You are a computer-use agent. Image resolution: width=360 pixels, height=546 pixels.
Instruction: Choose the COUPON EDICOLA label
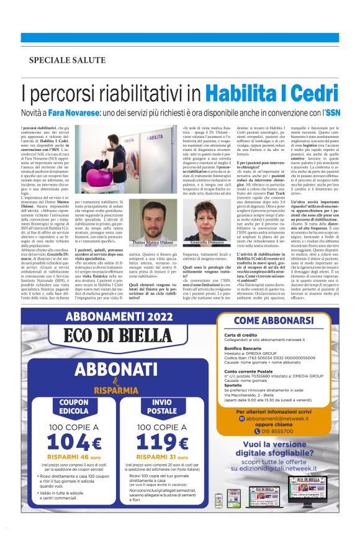coord(74,406)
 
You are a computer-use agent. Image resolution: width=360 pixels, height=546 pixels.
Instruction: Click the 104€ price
coord(74,442)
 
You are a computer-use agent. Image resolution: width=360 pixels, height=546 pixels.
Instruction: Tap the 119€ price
coord(161,442)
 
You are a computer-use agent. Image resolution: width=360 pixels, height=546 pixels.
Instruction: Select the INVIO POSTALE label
coord(161,406)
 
